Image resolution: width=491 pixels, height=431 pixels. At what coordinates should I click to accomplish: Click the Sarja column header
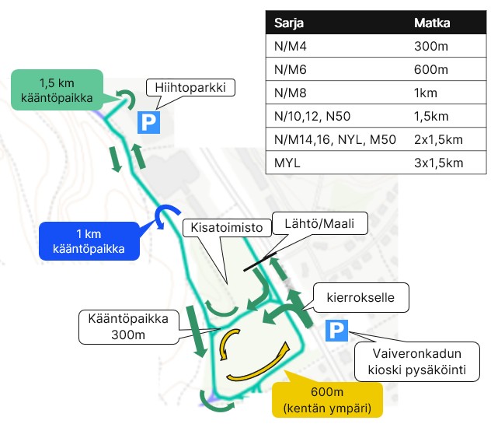(x=289, y=23)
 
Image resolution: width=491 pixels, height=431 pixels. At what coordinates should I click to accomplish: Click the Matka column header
(x=433, y=23)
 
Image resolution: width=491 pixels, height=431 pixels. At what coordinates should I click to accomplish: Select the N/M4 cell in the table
(x=291, y=46)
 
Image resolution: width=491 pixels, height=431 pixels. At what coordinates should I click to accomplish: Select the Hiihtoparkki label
(x=190, y=88)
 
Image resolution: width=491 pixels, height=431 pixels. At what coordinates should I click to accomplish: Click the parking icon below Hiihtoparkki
(x=148, y=122)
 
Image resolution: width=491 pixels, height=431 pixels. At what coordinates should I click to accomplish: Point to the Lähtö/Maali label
(x=320, y=222)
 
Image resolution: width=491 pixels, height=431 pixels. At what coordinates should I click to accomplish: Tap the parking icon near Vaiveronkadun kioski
(x=336, y=331)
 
